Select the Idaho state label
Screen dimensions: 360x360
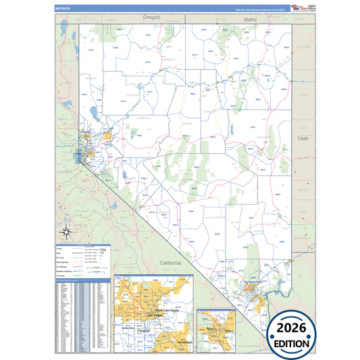click(x=242, y=22)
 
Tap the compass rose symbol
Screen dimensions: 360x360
click(x=66, y=232)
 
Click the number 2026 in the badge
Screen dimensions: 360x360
click(x=292, y=328)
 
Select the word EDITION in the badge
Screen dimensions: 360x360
click(x=292, y=343)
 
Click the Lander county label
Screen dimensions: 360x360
click(x=187, y=124)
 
